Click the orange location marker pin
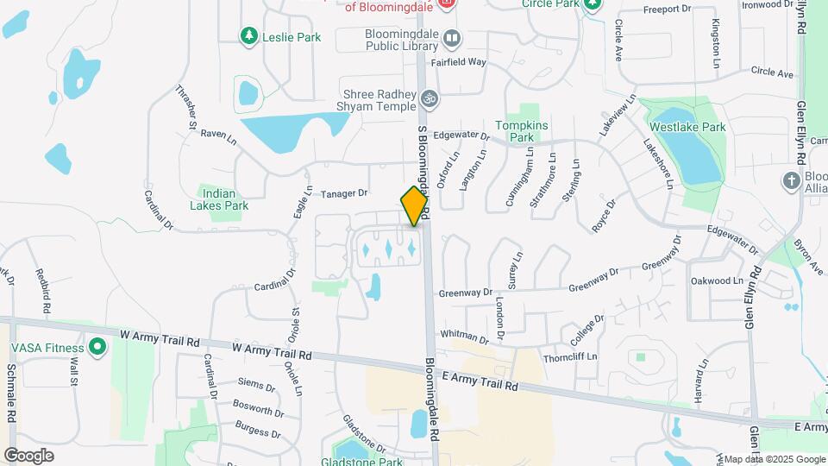[415, 206]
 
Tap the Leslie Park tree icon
[249, 35]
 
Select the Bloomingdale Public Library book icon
[451, 38]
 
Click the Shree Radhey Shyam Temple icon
[429, 100]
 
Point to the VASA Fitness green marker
[97, 348]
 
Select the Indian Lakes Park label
[219, 199]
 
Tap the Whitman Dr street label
[464, 336]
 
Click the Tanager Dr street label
[344, 193]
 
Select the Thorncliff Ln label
[570, 357]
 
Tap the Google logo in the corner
[28, 455]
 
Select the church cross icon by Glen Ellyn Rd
[791, 180]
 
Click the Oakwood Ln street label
[716, 281]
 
